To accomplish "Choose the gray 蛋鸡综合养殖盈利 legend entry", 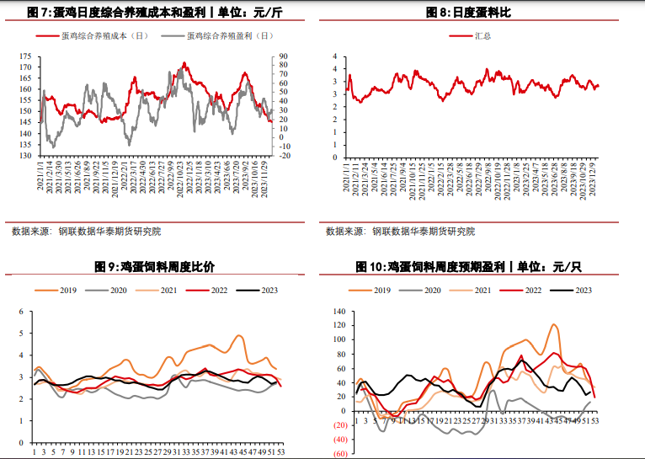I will tap(218, 36).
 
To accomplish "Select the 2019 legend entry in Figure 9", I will tap(59, 291).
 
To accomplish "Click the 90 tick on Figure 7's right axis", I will tap(285, 56).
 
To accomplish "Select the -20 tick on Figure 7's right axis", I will tap(285, 156).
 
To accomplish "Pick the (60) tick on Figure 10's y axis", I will tap(339, 454).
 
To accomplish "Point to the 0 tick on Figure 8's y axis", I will tap(334, 156).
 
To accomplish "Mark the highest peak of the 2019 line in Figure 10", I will tap(555, 324).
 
